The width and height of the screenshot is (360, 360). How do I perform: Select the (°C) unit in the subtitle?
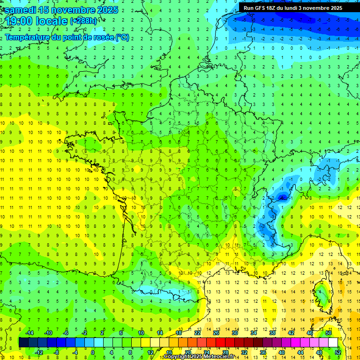122,37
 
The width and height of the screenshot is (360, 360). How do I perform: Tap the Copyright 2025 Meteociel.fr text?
199,357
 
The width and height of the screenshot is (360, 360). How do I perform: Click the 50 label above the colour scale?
329,332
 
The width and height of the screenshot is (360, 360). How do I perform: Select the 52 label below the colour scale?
338,352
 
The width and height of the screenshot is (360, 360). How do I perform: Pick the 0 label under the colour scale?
92,352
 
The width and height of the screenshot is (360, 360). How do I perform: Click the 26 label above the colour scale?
216,332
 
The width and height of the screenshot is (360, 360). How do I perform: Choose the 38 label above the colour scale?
272,332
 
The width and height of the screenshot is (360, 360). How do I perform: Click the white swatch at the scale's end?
333,342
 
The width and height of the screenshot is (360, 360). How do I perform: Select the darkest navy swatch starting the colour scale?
23,342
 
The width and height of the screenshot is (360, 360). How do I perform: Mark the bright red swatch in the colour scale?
220,342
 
